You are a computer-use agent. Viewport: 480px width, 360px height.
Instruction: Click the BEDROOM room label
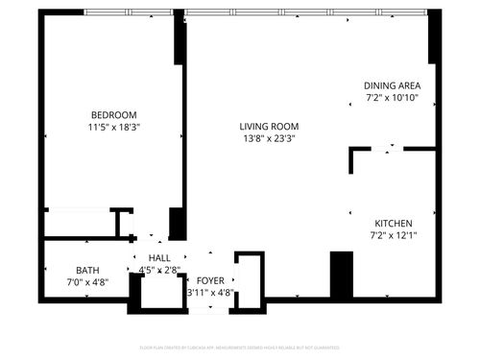pos(114,114)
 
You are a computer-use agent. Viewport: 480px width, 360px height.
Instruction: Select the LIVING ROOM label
pos(269,126)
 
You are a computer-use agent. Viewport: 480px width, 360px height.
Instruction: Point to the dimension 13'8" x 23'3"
pos(269,137)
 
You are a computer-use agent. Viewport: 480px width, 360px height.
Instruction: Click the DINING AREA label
pos(392,85)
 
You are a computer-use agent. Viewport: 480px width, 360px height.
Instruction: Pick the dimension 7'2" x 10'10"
pos(392,98)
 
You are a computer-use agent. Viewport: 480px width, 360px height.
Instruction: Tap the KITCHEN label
pos(393,221)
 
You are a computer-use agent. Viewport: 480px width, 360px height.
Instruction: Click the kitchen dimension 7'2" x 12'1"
pos(393,233)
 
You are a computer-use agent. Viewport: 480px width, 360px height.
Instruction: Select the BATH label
pos(87,270)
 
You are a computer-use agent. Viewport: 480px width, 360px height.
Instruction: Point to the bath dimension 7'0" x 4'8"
pos(87,282)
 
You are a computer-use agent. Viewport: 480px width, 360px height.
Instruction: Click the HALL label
pos(158,257)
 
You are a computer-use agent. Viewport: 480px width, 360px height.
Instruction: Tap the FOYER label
pos(210,280)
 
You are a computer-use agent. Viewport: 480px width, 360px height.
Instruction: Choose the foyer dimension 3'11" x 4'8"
pos(210,293)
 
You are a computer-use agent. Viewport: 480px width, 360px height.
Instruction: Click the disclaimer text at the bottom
pos(239,346)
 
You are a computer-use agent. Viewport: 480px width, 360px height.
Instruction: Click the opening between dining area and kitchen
pos(390,149)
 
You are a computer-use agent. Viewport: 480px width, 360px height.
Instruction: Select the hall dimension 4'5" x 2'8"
pos(158,270)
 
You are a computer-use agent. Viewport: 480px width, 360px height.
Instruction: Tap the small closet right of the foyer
pos(250,280)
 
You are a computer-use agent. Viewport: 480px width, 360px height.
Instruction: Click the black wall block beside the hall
pos(178,223)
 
